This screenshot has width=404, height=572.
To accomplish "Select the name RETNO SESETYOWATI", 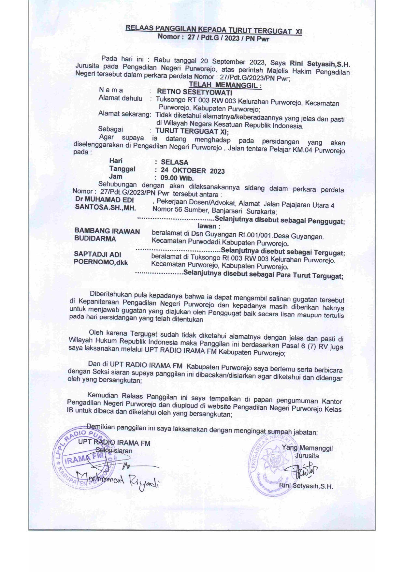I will tap(194, 92).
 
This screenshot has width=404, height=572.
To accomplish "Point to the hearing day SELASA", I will tap(174, 162).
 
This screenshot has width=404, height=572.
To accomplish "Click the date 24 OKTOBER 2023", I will tap(193, 170).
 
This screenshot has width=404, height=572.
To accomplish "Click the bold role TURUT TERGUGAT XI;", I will tap(192, 132).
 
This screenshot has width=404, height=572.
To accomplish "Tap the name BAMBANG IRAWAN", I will tap(107, 231).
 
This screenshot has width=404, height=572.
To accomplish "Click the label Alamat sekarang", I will tap(124, 114).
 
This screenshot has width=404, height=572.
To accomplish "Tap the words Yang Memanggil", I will tap(307, 448).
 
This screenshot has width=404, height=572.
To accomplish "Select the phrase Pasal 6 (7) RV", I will tap(305, 346).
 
